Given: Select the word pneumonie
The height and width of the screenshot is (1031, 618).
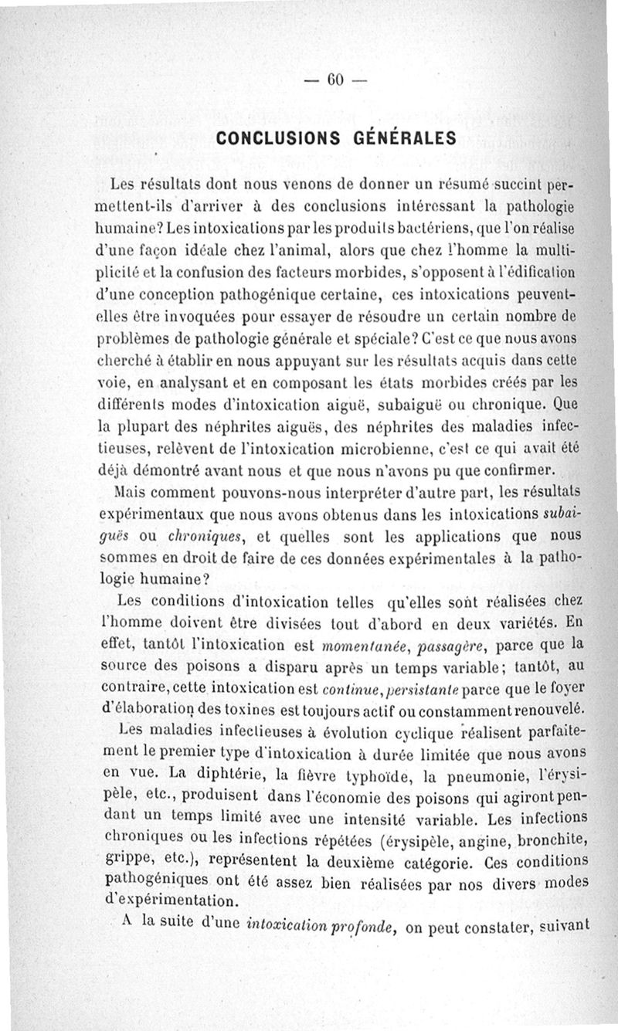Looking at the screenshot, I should tap(463, 774).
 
